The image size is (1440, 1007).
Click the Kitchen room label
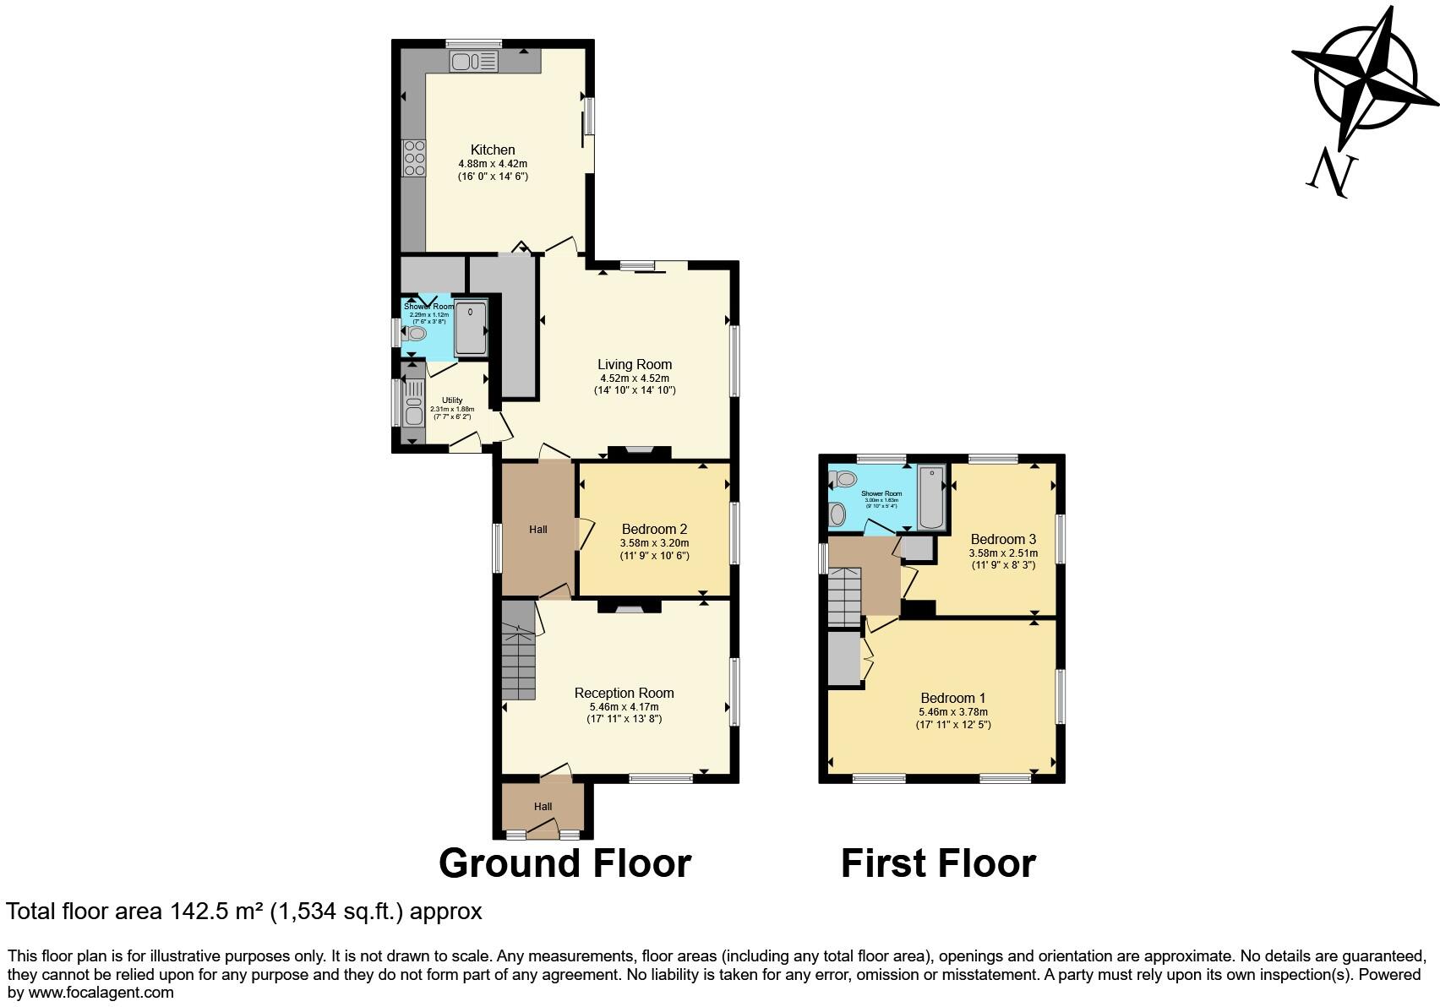493,150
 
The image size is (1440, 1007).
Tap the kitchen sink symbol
474,62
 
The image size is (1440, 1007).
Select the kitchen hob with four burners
415,158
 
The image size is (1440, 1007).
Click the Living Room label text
635,364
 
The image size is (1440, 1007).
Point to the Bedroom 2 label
654,530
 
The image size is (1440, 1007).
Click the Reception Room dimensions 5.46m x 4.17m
624,707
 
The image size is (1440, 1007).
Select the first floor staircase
843,596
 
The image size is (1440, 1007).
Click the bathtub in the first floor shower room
930,497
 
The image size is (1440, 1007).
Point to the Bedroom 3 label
1003,539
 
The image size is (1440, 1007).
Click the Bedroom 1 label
952,698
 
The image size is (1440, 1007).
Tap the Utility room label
452,400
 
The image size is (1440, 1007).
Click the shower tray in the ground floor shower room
471,327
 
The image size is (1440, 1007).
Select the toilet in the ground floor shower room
415,334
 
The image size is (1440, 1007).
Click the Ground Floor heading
565,863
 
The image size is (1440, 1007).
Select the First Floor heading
938,863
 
